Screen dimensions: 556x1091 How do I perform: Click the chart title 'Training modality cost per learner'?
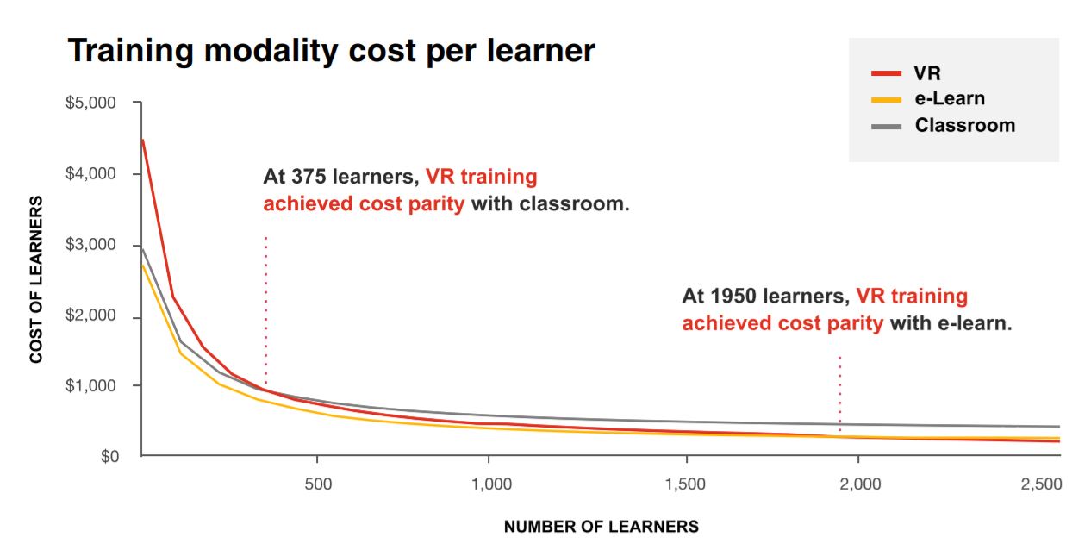tap(331, 51)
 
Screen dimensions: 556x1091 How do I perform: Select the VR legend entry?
tap(927, 72)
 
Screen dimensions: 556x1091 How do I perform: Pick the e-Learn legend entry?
tap(949, 98)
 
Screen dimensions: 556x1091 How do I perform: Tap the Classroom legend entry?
tap(964, 125)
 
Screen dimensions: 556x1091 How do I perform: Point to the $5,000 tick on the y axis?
tap(90, 103)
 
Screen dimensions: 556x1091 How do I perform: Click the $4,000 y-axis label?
tap(90, 174)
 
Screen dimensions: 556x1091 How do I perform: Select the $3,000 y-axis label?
tap(90, 245)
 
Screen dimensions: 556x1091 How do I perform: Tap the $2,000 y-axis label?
tap(90, 316)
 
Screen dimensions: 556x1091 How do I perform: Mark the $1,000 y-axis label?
tap(90, 385)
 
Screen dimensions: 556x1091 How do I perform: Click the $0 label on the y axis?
tap(107, 456)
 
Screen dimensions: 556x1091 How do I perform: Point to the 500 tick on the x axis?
tap(318, 484)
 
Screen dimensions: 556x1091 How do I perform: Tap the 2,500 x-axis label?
tap(1040, 484)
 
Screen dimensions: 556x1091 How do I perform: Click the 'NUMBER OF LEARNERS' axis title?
tap(601, 527)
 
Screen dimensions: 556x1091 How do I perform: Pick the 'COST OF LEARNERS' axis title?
tap(36, 279)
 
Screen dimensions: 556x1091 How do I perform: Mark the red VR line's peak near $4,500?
tap(142, 140)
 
